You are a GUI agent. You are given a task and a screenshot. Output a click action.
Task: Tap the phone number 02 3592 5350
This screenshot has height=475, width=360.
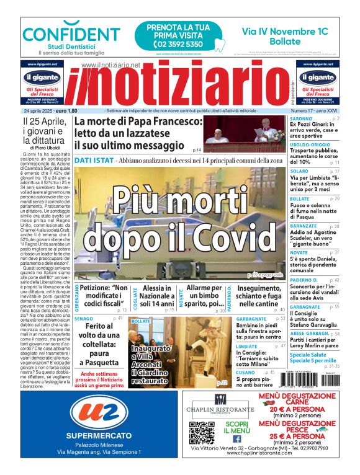[169, 44]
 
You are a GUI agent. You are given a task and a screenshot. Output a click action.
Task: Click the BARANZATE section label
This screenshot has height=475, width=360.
[304, 226]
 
